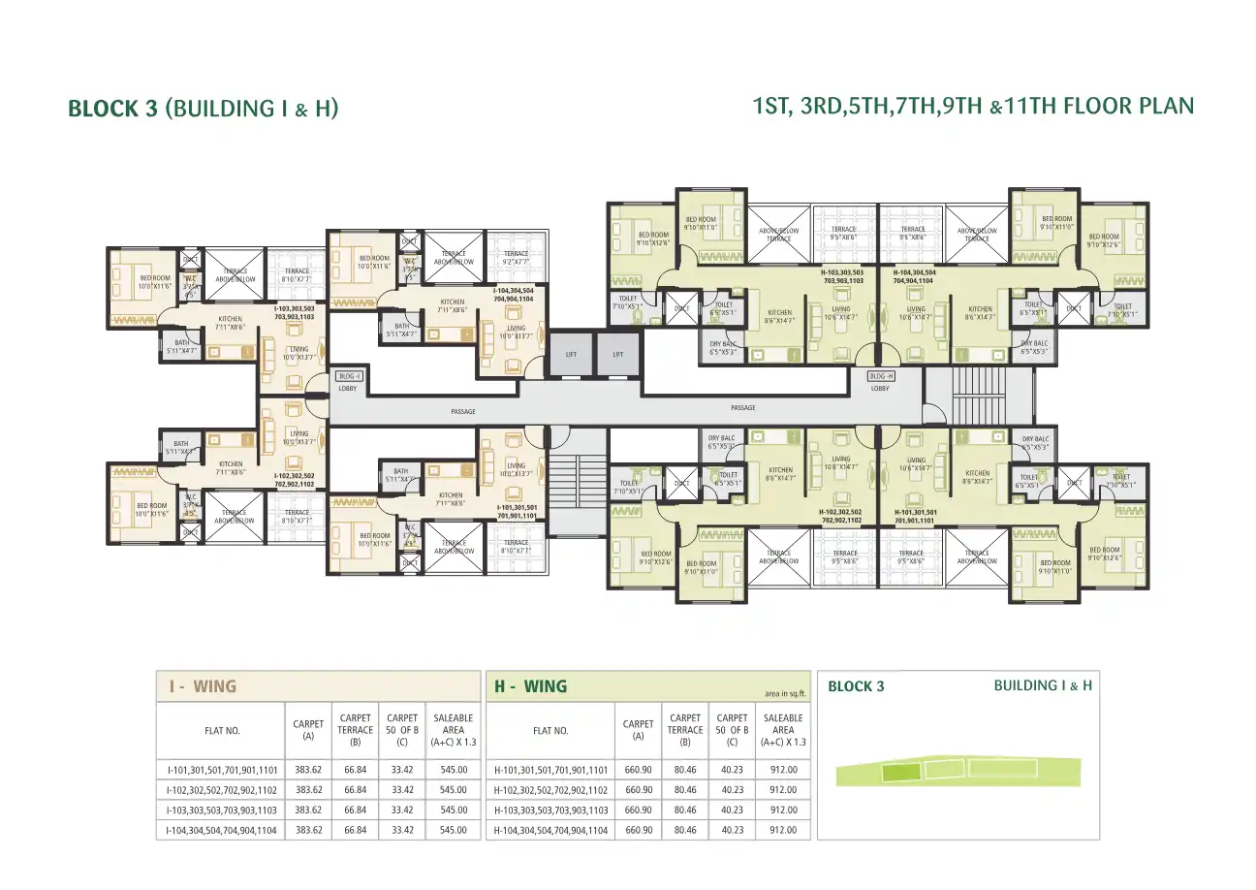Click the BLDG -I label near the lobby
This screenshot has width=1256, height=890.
(349, 375)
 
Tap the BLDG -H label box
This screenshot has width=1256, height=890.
(880, 375)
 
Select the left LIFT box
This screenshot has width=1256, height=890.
(571, 355)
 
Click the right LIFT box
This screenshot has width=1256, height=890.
(618, 355)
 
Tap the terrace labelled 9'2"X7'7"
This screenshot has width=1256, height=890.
(517, 258)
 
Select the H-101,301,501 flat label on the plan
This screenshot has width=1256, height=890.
(914, 515)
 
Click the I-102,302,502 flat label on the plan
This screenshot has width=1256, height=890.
(295, 479)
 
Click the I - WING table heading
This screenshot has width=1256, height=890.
(203, 686)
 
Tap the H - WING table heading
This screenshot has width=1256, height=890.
(531, 686)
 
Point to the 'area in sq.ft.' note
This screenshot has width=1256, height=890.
(785, 693)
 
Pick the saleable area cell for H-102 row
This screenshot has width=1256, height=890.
(783, 789)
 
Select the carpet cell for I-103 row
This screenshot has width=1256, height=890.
(308, 810)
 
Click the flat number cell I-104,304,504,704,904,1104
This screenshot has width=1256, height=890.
(222, 830)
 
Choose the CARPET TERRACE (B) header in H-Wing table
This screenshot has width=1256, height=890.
(685, 730)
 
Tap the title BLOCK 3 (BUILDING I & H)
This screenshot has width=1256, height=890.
(203, 109)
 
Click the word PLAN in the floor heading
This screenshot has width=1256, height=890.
(1167, 106)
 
